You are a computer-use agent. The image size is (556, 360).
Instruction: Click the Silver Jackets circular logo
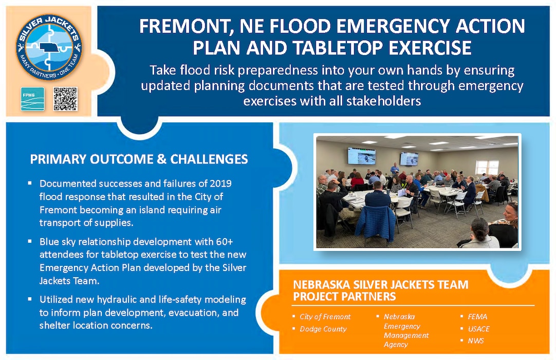coord(49,47)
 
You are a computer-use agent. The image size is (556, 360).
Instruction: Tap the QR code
coord(65,99)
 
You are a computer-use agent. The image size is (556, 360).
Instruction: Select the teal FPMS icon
coord(32,99)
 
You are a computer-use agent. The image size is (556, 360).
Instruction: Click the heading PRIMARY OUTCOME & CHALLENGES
coord(139,159)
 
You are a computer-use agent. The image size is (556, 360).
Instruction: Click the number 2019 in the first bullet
coord(220,184)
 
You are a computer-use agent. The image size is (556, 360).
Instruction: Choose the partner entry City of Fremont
coord(325,317)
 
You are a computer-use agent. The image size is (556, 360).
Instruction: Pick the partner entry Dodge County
coord(323,329)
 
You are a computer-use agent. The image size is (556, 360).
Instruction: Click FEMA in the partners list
coord(477,317)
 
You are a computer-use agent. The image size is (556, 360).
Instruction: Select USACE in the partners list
coord(478,329)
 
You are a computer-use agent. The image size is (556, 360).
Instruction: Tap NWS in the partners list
coord(475,341)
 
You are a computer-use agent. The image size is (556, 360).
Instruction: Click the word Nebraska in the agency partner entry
coord(399,317)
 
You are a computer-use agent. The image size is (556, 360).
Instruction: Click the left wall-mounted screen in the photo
coord(361,156)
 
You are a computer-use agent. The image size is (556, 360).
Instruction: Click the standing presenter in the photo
coord(395,169)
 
